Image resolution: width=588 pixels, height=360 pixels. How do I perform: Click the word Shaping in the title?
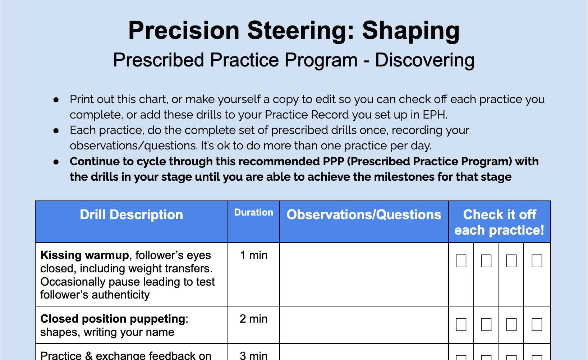click(x=410, y=31)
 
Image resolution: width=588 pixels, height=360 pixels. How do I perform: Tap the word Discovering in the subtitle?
click(x=424, y=60)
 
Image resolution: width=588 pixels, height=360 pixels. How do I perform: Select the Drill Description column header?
click(x=131, y=215)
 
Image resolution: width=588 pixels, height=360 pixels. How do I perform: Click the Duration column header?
click(x=253, y=213)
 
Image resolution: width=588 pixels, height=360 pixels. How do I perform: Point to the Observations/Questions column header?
click(x=364, y=215)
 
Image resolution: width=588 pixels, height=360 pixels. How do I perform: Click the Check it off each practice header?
click(x=499, y=222)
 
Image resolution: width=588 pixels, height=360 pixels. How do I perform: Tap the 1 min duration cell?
click(x=253, y=255)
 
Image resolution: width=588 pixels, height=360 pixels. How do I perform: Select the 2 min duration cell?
click(x=253, y=319)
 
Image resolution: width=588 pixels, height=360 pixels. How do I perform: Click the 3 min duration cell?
click(x=253, y=355)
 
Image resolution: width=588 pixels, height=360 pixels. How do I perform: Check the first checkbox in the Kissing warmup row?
click(x=461, y=261)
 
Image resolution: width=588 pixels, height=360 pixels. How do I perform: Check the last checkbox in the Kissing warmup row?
click(x=537, y=261)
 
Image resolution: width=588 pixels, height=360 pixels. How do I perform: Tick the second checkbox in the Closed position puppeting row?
click(x=486, y=324)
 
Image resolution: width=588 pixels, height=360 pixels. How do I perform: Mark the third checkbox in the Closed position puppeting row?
click(x=511, y=324)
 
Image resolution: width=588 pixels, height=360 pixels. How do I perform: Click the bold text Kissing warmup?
click(x=84, y=255)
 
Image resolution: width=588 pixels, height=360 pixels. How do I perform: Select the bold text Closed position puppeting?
click(x=113, y=319)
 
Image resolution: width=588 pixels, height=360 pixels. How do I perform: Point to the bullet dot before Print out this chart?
click(x=56, y=100)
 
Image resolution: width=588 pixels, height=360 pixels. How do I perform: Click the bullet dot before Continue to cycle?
click(x=56, y=162)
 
